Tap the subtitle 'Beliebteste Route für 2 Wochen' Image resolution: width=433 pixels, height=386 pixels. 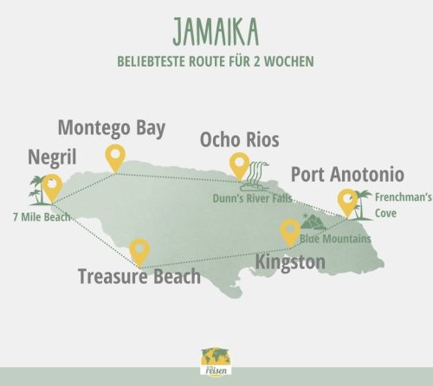pyautogui.click(x=216, y=62)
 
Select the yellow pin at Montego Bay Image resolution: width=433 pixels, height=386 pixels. pyautogui.click(x=114, y=157)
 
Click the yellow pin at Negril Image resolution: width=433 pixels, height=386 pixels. pyautogui.click(x=53, y=185)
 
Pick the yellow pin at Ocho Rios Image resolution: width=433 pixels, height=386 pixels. pyautogui.click(x=238, y=164)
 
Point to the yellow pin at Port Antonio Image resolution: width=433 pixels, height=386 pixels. pyautogui.click(x=347, y=200)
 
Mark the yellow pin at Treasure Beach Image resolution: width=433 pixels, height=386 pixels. pyautogui.click(x=139, y=250)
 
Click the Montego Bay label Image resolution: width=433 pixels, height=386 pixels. pyautogui.click(x=111, y=128)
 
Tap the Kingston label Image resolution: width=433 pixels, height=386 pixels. pyautogui.click(x=290, y=261)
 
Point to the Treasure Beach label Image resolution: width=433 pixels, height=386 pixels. pyautogui.click(x=139, y=277)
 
